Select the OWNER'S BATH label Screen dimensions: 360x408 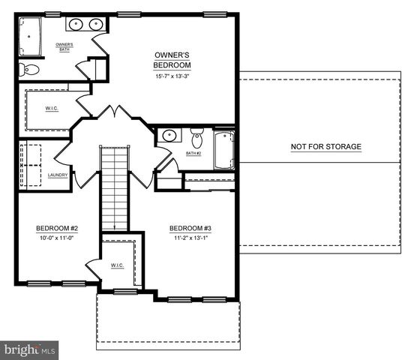pos(64,47)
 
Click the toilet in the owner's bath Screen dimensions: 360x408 pos(30,70)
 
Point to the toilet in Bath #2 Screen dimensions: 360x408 pos(197,139)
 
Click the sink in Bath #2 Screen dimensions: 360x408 pos(170,137)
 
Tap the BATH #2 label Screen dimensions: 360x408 pos(194,154)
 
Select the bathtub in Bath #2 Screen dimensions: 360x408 pos(223,150)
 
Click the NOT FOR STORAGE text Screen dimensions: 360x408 pos(326,147)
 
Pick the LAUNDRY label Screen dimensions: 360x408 pos(58,175)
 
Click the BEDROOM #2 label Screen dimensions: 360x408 pos(57,229)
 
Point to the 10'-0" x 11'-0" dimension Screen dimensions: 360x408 pos(57,238)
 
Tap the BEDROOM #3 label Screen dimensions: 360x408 pos(190,229)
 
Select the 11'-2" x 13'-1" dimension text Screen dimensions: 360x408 pos(190,238)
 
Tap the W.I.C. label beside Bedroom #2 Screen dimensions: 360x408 pos(117,265)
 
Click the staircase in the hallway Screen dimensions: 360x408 pos(115,187)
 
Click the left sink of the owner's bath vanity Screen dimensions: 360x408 pos(76,25)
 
